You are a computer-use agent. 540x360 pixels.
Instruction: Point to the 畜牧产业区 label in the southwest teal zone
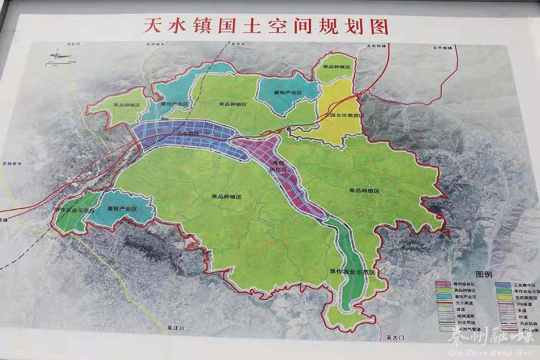(x=122, y=209)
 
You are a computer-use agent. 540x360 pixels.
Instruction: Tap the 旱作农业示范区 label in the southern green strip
(x=352, y=272)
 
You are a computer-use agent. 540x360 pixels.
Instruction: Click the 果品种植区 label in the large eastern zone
(x=373, y=192)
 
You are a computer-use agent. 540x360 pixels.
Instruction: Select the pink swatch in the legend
(x=443, y=283)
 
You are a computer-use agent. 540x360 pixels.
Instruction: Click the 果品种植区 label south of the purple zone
(x=227, y=196)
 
